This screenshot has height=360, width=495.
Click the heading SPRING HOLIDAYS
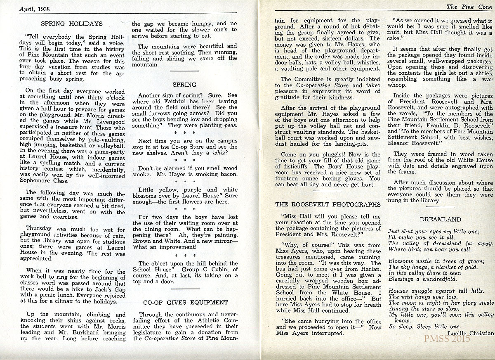coord(72,24)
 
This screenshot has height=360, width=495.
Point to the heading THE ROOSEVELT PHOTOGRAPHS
coord(328,204)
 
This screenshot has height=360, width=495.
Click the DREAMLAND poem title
coord(440,219)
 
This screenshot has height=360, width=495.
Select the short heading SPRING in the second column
coord(184,85)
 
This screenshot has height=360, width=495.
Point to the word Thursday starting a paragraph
coord(39,228)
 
